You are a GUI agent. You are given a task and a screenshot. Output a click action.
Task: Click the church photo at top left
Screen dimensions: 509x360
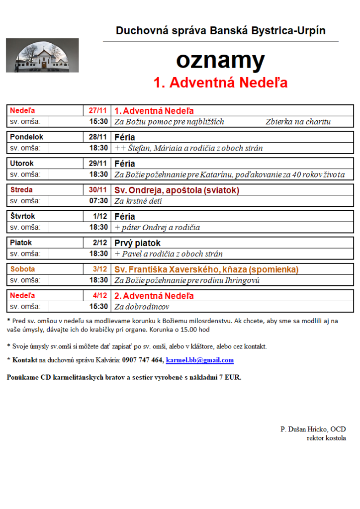coord(42,56)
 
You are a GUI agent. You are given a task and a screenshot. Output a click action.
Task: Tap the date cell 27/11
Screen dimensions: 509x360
coord(98,110)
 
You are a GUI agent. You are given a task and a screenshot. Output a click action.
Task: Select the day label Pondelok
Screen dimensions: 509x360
coord(26,137)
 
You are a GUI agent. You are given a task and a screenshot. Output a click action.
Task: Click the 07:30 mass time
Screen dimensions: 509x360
coord(98,201)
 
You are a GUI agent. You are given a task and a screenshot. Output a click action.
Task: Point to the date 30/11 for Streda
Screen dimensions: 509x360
coord(98,190)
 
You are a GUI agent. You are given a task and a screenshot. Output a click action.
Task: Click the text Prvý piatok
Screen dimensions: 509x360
coord(138,243)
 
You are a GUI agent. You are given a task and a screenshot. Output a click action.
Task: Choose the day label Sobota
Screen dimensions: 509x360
coord(23,269)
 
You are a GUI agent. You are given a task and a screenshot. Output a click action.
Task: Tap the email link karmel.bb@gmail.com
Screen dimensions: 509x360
coord(199,360)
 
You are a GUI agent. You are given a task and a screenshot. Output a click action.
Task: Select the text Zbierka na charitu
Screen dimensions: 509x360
coord(298,122)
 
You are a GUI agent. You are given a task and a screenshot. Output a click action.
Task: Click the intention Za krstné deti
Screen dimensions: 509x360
coord(138,201)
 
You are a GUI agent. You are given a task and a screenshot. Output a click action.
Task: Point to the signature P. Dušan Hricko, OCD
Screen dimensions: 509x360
coord(313,429)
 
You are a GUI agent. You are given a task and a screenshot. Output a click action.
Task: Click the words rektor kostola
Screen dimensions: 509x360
coord(326,438)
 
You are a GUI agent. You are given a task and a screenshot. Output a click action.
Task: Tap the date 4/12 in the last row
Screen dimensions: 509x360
coord(100,296)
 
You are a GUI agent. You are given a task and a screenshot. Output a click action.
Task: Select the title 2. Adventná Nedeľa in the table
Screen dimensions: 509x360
coord(154,296)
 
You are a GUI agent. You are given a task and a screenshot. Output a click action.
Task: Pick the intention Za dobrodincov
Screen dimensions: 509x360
coord(142,307)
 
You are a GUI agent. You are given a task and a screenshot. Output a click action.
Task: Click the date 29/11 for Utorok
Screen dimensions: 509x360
coord(98,164)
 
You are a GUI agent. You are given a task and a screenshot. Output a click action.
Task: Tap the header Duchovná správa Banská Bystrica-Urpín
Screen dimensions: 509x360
coord(220,31)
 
